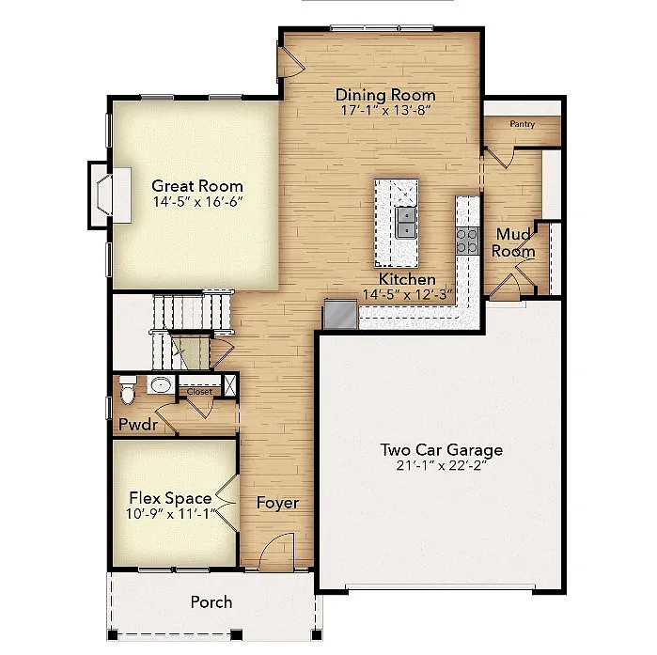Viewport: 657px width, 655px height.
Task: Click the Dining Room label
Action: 385,95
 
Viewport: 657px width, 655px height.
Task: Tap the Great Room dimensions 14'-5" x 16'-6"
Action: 197,202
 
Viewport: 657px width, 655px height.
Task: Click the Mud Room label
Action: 514,243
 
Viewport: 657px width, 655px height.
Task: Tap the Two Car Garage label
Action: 441,449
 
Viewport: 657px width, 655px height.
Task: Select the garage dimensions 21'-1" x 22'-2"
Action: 441,465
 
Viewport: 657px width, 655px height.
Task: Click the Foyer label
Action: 278,503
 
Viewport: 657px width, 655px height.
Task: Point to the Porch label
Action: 211,601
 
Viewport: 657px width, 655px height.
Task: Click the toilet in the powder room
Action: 129,385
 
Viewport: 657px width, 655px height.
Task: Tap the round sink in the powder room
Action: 161,385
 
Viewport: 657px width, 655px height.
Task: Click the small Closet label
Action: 199,392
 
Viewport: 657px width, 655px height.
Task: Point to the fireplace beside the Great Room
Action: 105,195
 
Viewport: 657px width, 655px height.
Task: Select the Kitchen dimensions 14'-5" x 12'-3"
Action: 407,294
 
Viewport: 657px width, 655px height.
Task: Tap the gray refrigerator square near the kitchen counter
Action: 338,314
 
